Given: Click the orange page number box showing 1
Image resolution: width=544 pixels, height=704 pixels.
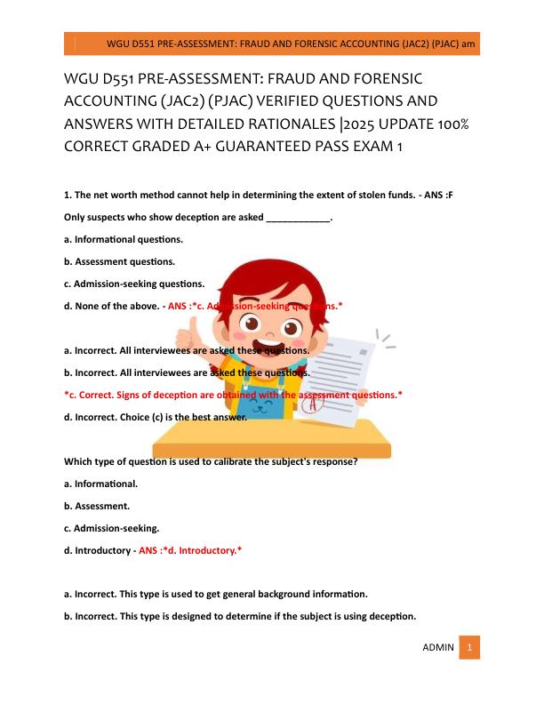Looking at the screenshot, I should tap(471, 647).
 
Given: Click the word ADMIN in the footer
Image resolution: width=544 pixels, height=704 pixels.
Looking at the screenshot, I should tap(438, 647).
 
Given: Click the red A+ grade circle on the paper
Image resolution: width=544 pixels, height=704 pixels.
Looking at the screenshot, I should tap(313, 404).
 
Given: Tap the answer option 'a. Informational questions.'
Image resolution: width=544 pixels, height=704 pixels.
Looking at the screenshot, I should tap(124, 239).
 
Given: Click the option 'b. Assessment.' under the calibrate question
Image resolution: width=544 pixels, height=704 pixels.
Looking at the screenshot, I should tap(97, 506).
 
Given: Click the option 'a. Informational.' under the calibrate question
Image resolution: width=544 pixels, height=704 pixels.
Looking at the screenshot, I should tap(101, 484).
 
